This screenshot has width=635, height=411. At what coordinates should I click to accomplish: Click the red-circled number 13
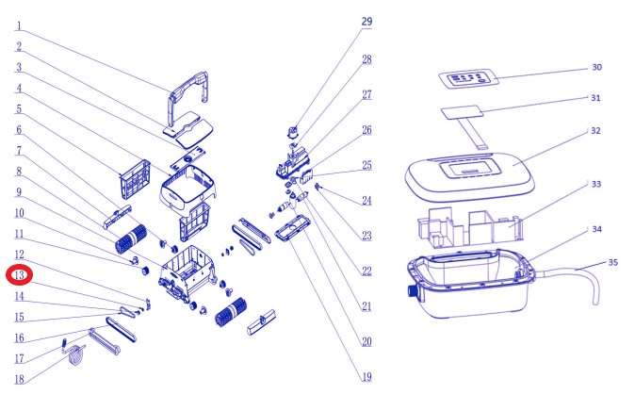coord(20,275)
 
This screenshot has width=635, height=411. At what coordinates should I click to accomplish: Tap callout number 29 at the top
coord(366,22)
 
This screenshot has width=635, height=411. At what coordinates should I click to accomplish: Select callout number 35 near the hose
coord(613,262)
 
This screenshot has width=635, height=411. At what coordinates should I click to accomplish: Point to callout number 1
coord(19,26)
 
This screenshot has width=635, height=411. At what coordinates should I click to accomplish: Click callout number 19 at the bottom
coord(366,377)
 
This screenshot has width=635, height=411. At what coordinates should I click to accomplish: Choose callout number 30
coord(597,67)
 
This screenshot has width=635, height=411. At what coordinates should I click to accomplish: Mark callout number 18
coord(20,379)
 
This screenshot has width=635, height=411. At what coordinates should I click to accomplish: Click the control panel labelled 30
coord(468,78)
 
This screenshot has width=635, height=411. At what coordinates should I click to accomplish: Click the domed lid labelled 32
coord(470,176)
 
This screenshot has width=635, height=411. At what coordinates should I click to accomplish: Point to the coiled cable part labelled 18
coord(75,354)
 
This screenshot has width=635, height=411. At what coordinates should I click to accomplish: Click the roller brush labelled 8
coord(131,238)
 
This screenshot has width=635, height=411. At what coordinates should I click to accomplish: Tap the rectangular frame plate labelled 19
coord(293,229)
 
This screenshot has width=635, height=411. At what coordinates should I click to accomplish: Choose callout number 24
coord(366,201)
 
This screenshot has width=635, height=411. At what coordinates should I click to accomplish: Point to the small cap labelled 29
coord(292,131)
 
